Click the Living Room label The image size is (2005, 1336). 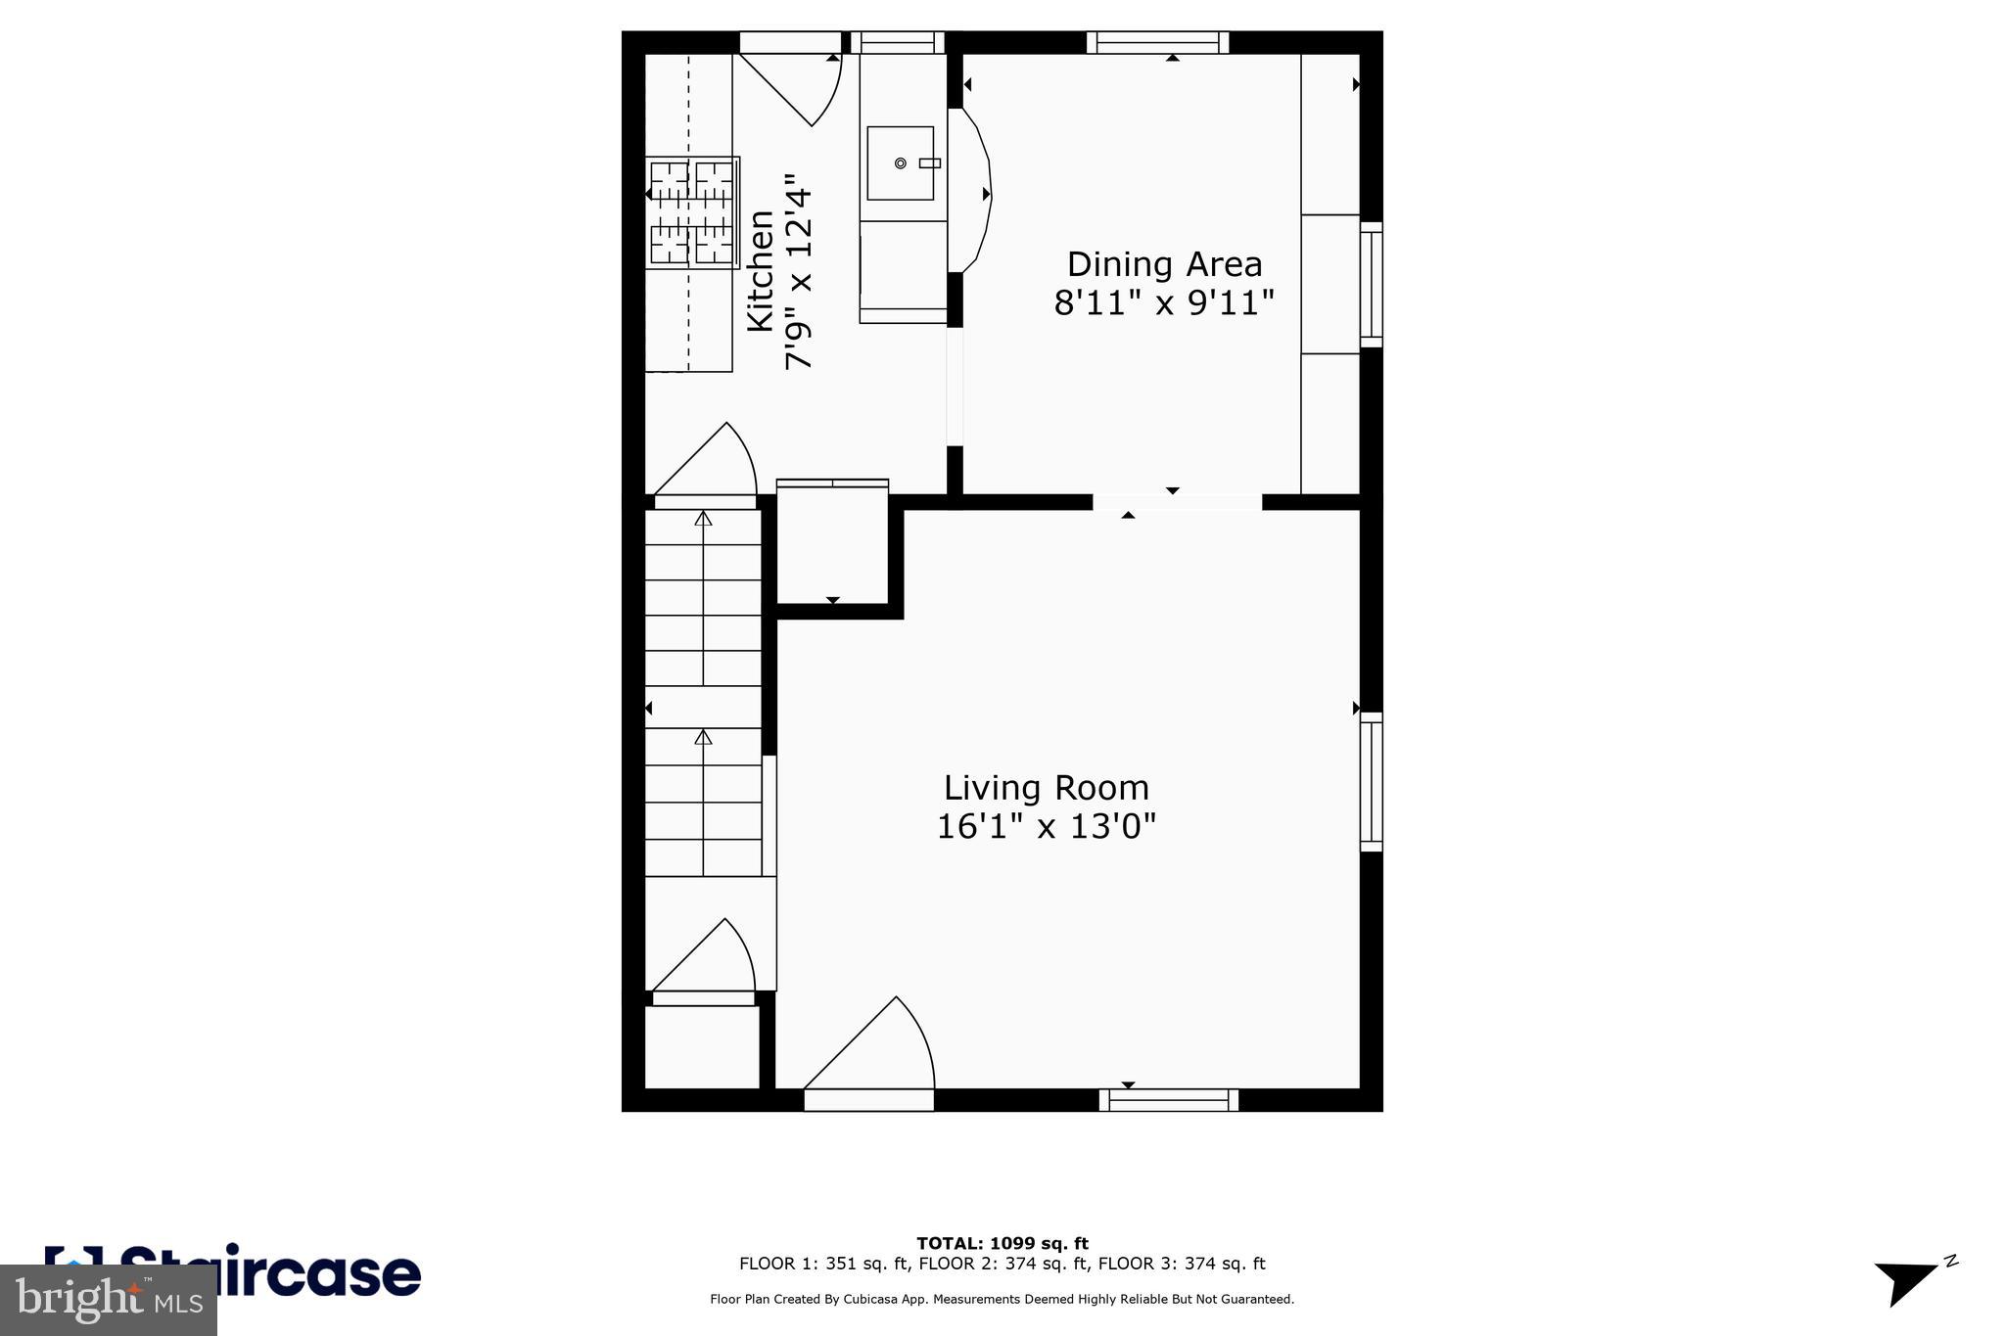click(x=1046, y=788)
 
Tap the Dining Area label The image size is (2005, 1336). click(x=1164, y=264)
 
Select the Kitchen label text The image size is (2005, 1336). click(x=761, y=271)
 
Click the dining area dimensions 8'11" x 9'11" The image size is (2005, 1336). click(x=1164, y=303)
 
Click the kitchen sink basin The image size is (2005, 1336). click(x=900, y=163)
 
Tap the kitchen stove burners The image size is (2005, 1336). click(x=692, y=212)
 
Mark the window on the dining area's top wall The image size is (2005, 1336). click(x=1157, y=42)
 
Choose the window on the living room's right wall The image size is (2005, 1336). click(x=1371, y=781)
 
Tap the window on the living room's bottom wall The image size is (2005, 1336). click(x=1168, y=1100)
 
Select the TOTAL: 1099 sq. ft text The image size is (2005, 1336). click(x=1002, y=1244)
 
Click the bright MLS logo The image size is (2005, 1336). click(x=108, y=1300)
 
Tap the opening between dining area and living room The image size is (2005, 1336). click(x=1176, y=502)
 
